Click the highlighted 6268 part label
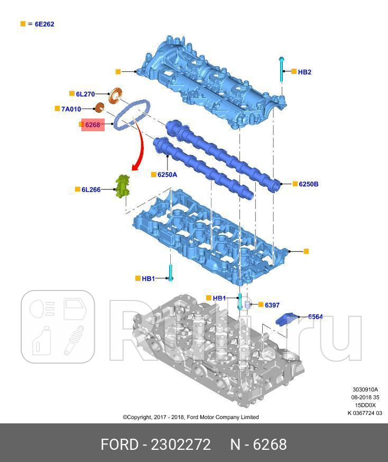coord(93,125)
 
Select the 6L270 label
coord(86,94)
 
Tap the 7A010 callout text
coord(71,109)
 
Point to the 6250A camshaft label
coord(167,175)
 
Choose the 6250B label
coord(309,184)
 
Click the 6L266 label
coord(91,190)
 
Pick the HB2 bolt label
coord(304,72)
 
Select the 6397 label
coord(272,305)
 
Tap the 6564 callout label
coord(315,317)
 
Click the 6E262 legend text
coord(44,24)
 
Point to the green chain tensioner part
coord(123,187)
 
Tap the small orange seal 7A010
coord(99,107)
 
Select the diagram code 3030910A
coord(365,389)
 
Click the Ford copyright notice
coord(191,417)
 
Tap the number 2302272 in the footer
coord(181,445)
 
